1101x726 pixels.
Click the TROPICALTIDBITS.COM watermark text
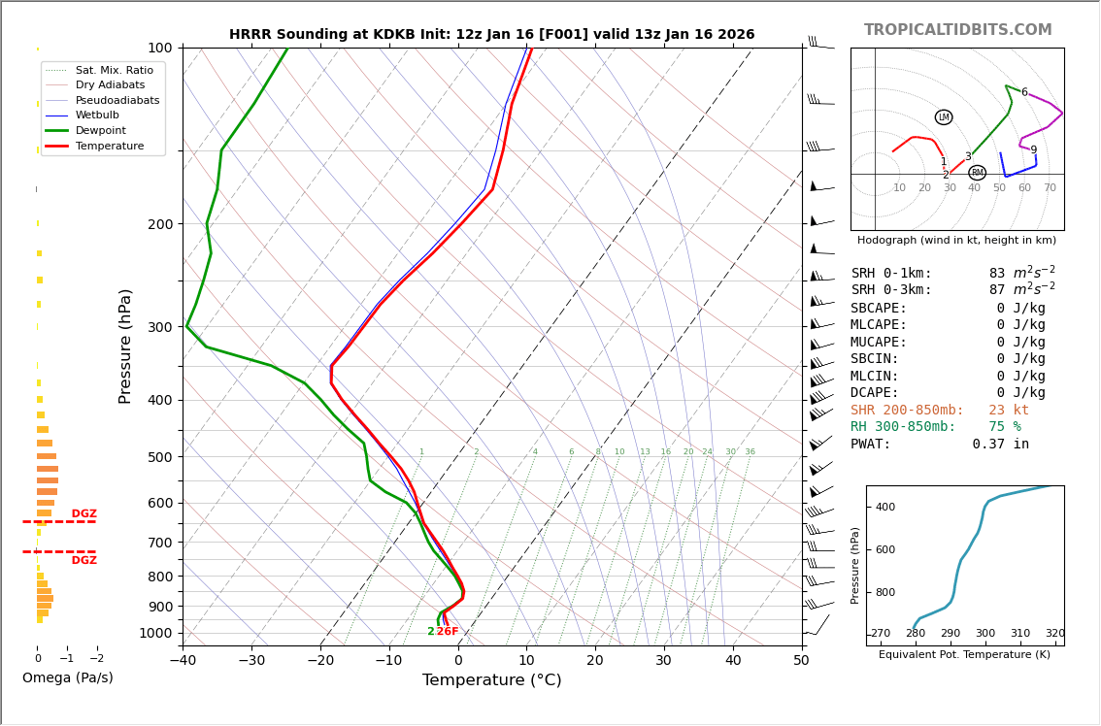tap(957, 30)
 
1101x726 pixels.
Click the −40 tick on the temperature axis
tap(183, 661)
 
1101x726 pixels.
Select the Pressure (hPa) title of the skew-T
tap(125, 346)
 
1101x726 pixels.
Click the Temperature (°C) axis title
tap(491, 680)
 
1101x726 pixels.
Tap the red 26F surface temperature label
tap(447, 632)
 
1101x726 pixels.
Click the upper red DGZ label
tap(83, 514)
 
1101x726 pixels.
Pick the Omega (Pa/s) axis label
tap(67, 678)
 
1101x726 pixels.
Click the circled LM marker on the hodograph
tap(944, 117)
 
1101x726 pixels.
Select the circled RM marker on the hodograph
tap(977, 173)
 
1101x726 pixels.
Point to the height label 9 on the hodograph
tap(1033, 150)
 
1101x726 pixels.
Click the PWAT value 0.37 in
tap(1000, 445)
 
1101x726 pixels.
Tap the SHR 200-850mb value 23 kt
tap(1009, 411)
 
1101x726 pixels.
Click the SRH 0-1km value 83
tap(997, 274)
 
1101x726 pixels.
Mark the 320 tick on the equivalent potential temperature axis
tap(1054, 634)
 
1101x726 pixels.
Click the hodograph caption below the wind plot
tap(956, 241)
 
